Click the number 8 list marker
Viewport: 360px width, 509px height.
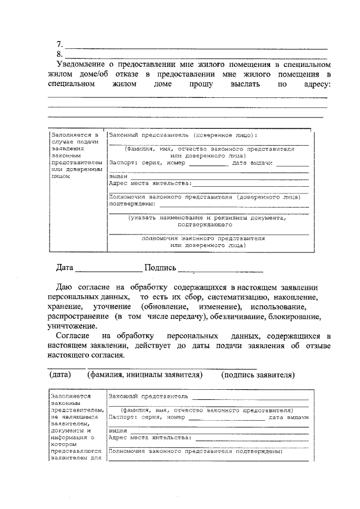point(59,55)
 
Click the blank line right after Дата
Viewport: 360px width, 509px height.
point(109,271)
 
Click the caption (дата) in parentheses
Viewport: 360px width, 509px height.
point(60,375)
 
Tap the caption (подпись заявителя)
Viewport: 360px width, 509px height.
point(258,375)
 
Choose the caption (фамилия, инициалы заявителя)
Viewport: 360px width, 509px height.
point(144,375)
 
